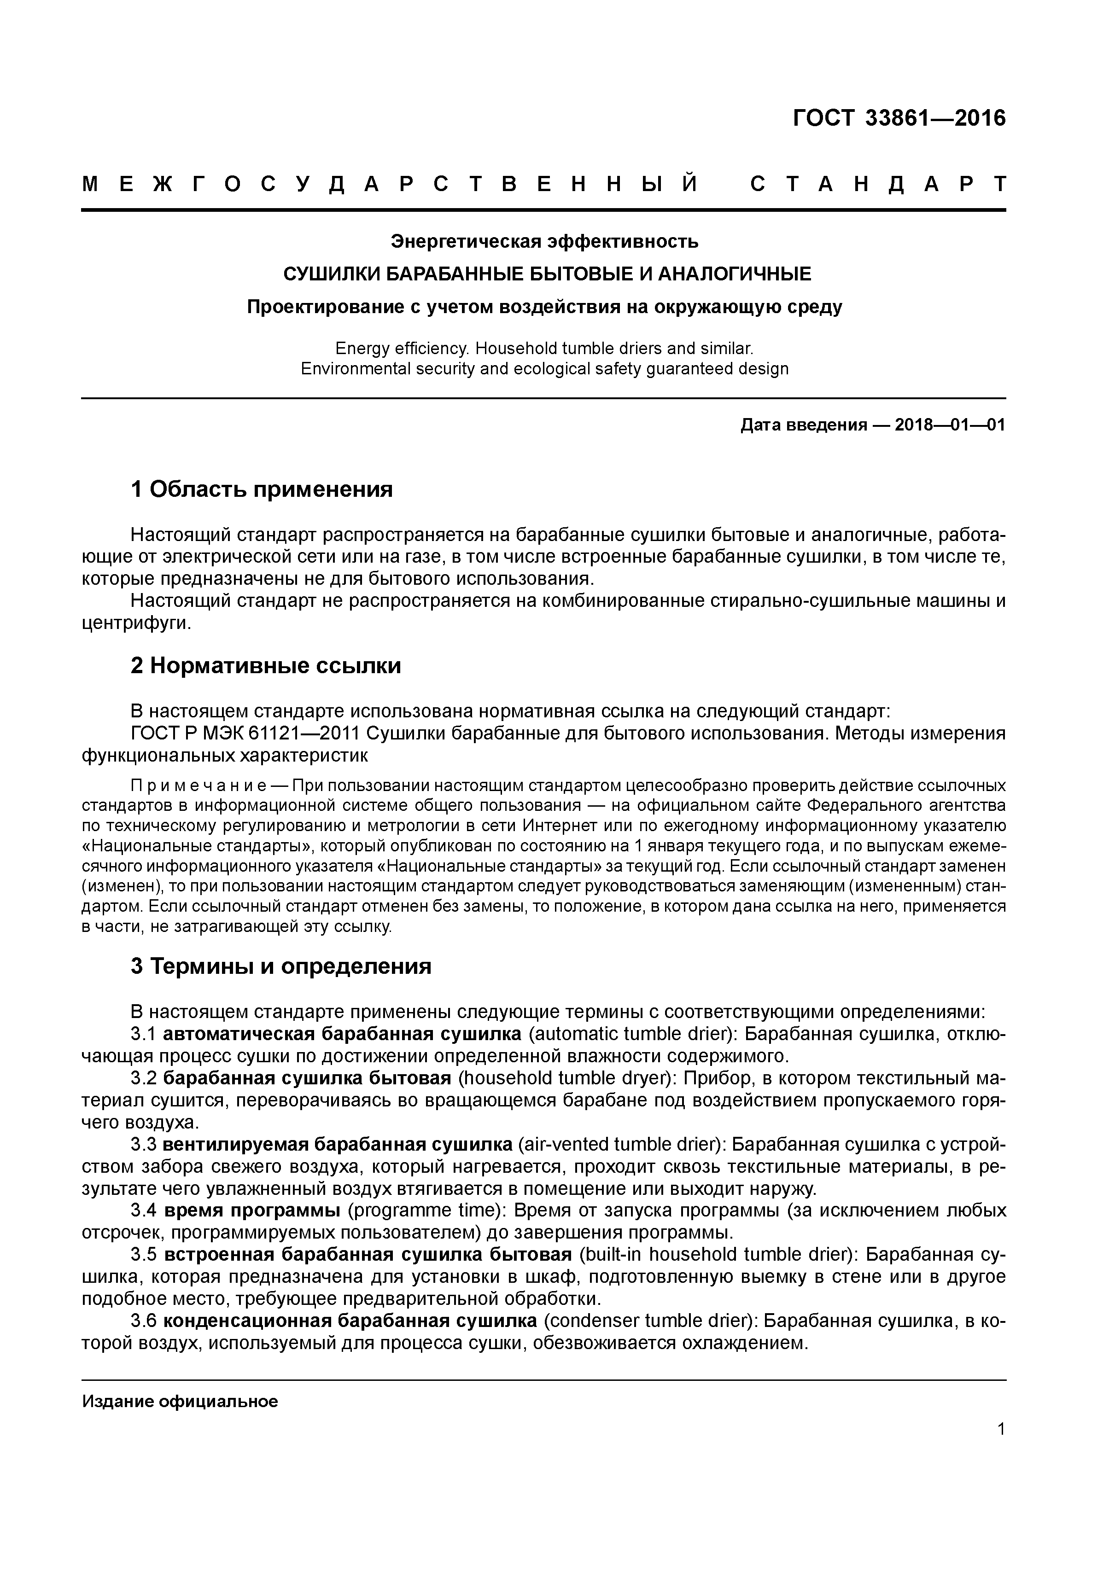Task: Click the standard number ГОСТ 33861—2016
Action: [x=899, y=118]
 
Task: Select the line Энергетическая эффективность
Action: [x=544, y=242]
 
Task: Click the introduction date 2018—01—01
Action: [x=950, y=425]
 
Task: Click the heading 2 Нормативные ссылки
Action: [x=266, y=665]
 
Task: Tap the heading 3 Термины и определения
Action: [x=281, y=966]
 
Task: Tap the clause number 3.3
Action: [x=144, y=1144]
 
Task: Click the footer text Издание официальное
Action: [x=180, y=1401]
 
